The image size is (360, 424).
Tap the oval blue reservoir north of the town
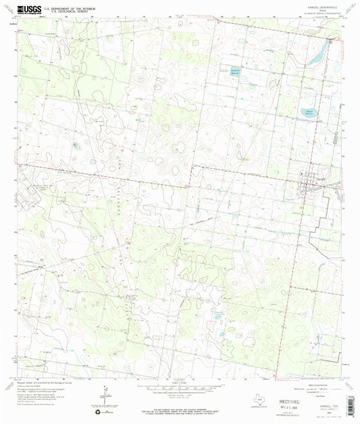coord(309,113)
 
